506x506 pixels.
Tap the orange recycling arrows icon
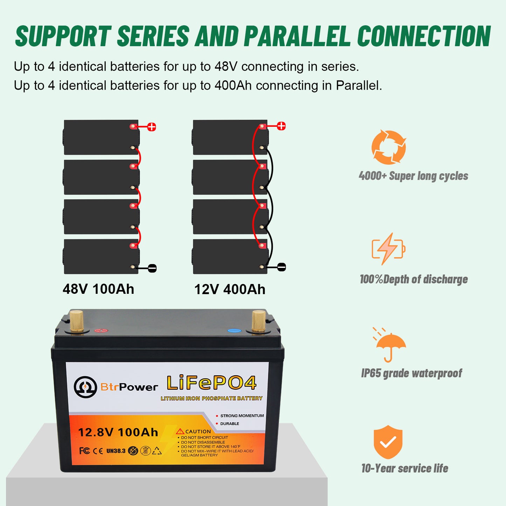click(x=389, y=147)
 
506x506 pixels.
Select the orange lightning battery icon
click(x=388, y=249)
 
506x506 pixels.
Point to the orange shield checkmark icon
click(x=388, y=442)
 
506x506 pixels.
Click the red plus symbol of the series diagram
click(x=152, y=127)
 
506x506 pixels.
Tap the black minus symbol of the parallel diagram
click(x=282, y=267)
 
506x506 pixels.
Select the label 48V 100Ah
click(x=98, y=289)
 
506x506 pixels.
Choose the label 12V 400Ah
click(x=230, y=290)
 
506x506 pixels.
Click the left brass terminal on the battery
click(x=77, y=321)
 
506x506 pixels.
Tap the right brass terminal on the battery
click(x=259, y=321)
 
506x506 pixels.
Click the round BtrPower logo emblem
click(x=85, y=387)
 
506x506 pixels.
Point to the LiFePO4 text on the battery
click(x=212, y=383)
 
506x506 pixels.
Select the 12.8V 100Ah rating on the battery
click(x=118, y=432)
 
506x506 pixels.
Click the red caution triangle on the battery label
click(x=180, y=431)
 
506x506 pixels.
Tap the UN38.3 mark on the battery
click(x=116, y=451)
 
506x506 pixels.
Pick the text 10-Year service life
click(x=405, y=469)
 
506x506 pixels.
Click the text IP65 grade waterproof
click(x=411, y=373)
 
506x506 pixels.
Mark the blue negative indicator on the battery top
click(x=234, y=331)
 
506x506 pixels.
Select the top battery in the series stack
click(x=101, y=137)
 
